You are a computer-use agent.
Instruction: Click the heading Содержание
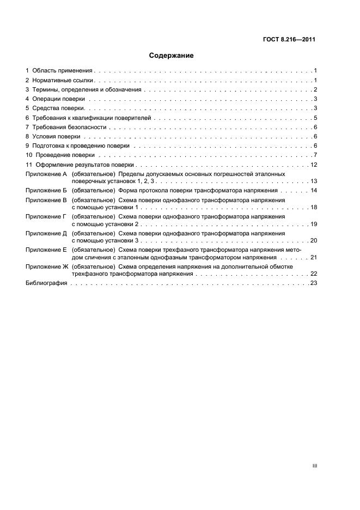click(172, 56)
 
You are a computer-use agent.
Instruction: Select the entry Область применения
click(63, 71)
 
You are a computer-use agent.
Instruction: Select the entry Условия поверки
click(57, 136)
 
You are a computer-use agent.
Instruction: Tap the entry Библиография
click(46, 283)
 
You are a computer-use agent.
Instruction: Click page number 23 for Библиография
click(313, 283)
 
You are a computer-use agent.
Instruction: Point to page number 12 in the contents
click(313, 165)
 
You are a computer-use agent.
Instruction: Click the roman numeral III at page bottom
click(314, 466)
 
